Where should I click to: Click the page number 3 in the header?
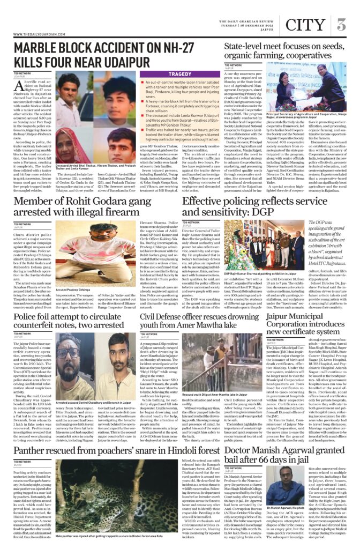click(341, 24)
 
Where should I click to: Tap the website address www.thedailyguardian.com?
click(36, 35)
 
